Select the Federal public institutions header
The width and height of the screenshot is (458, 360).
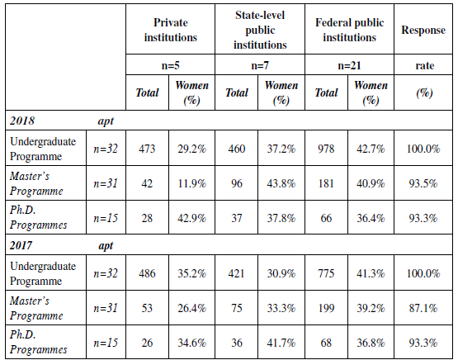350,31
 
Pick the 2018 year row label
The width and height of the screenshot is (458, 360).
23,121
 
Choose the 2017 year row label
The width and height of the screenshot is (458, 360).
23,245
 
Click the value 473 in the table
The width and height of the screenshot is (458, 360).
149,147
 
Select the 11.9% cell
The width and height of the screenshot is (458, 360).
192,180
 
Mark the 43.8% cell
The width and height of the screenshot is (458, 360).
281,180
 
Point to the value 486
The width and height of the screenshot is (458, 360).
149,272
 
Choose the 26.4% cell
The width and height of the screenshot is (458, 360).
192,306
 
